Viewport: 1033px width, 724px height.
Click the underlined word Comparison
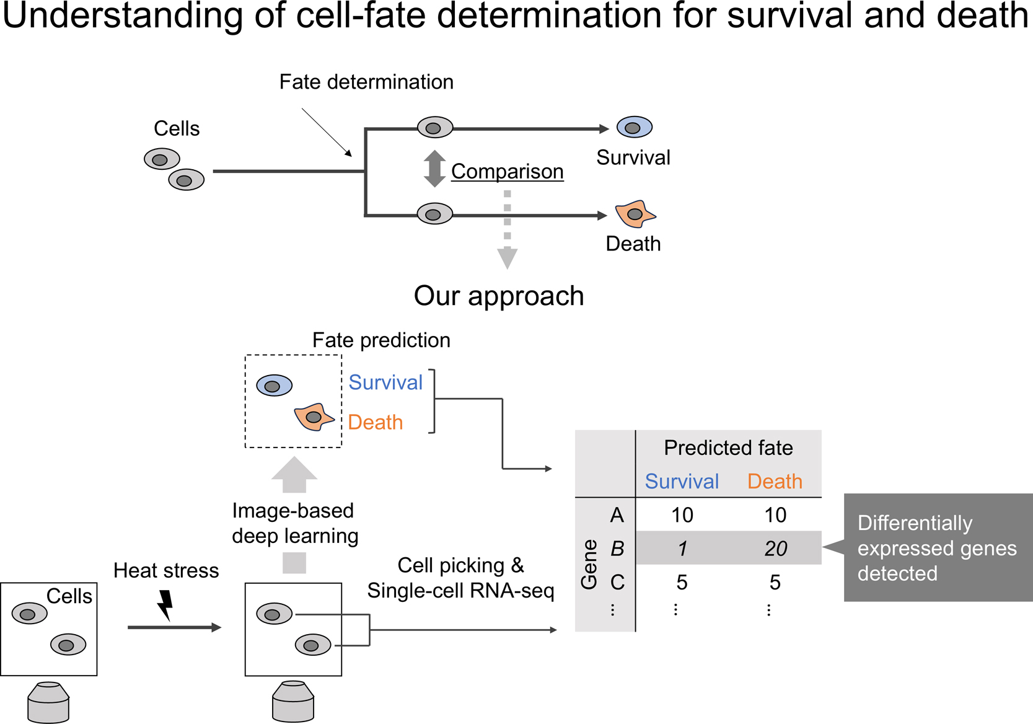[x=507, y=171]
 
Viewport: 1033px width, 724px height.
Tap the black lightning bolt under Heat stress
[x=165, y=605]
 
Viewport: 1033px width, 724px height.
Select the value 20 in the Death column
[x=775, y=549]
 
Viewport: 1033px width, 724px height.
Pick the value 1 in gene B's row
[x=682, y=549]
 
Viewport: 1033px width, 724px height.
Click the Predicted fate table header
[x=728, y=448]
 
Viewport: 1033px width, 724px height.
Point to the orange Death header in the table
[x=775, y=482]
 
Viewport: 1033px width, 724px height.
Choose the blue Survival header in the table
[x=682, y=482]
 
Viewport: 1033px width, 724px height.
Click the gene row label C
[x=617, y=582]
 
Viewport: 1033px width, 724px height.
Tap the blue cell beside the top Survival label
[x=635, y=128]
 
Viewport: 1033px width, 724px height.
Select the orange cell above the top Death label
[x=635, y=214]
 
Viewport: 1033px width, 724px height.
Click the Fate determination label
[x=366, y=82]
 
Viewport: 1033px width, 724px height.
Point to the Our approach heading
[x=499, y=296]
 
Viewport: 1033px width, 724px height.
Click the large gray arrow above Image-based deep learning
[x=294, y=475]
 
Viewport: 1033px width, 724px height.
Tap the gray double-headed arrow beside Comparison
[x=434, y=169]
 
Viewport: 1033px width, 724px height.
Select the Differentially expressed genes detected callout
[x=937, y=548]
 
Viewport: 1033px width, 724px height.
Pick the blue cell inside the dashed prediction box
[x=274, y=386]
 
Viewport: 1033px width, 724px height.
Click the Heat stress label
[x=166, y=570]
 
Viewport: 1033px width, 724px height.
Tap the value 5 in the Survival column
[x=682, y=582]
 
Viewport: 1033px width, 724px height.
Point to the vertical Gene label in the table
[x=589, y=563]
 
